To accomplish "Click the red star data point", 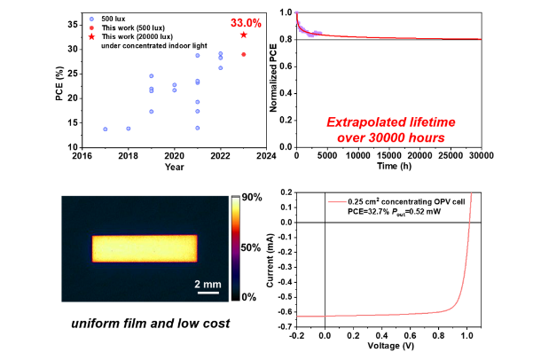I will coord(244,35).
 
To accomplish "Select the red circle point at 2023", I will coord(244,54).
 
